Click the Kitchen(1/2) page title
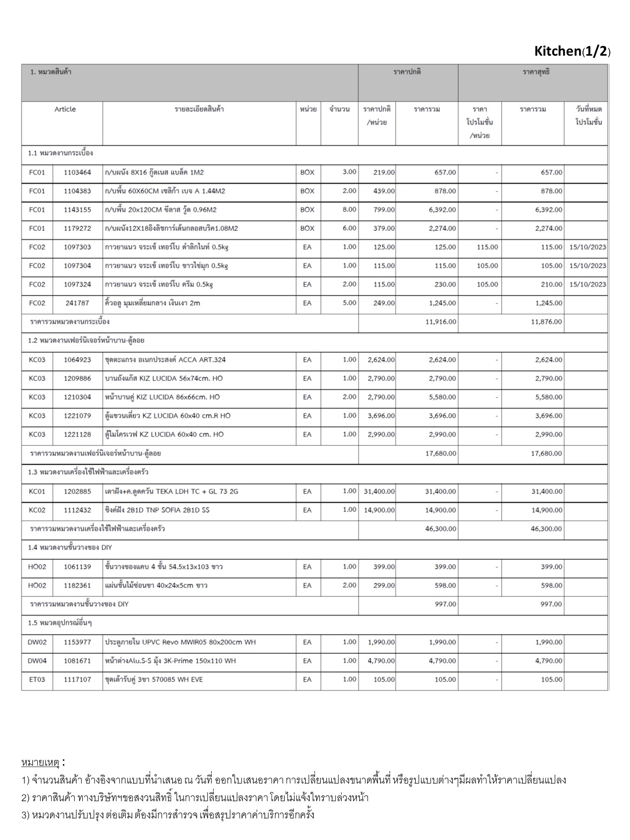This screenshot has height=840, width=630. [572, 51]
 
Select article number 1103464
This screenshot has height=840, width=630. [77, 172]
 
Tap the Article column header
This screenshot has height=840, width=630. [65, 110]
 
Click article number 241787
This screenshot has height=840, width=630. [77, 303]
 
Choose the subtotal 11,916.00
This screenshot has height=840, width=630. [441, 322]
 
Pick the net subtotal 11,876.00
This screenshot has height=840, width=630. [546, 322]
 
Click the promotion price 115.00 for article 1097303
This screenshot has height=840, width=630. [487, 247]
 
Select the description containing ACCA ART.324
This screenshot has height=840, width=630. [165, 360]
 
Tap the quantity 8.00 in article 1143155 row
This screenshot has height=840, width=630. [349, 210]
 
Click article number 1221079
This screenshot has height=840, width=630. [77, 415]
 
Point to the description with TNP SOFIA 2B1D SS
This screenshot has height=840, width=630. [157, 510]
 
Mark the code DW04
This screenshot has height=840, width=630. [37, 661]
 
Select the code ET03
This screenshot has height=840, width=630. [37, 680]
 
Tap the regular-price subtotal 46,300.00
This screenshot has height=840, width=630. [441, 529]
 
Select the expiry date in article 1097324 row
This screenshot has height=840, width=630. [587, 284]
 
